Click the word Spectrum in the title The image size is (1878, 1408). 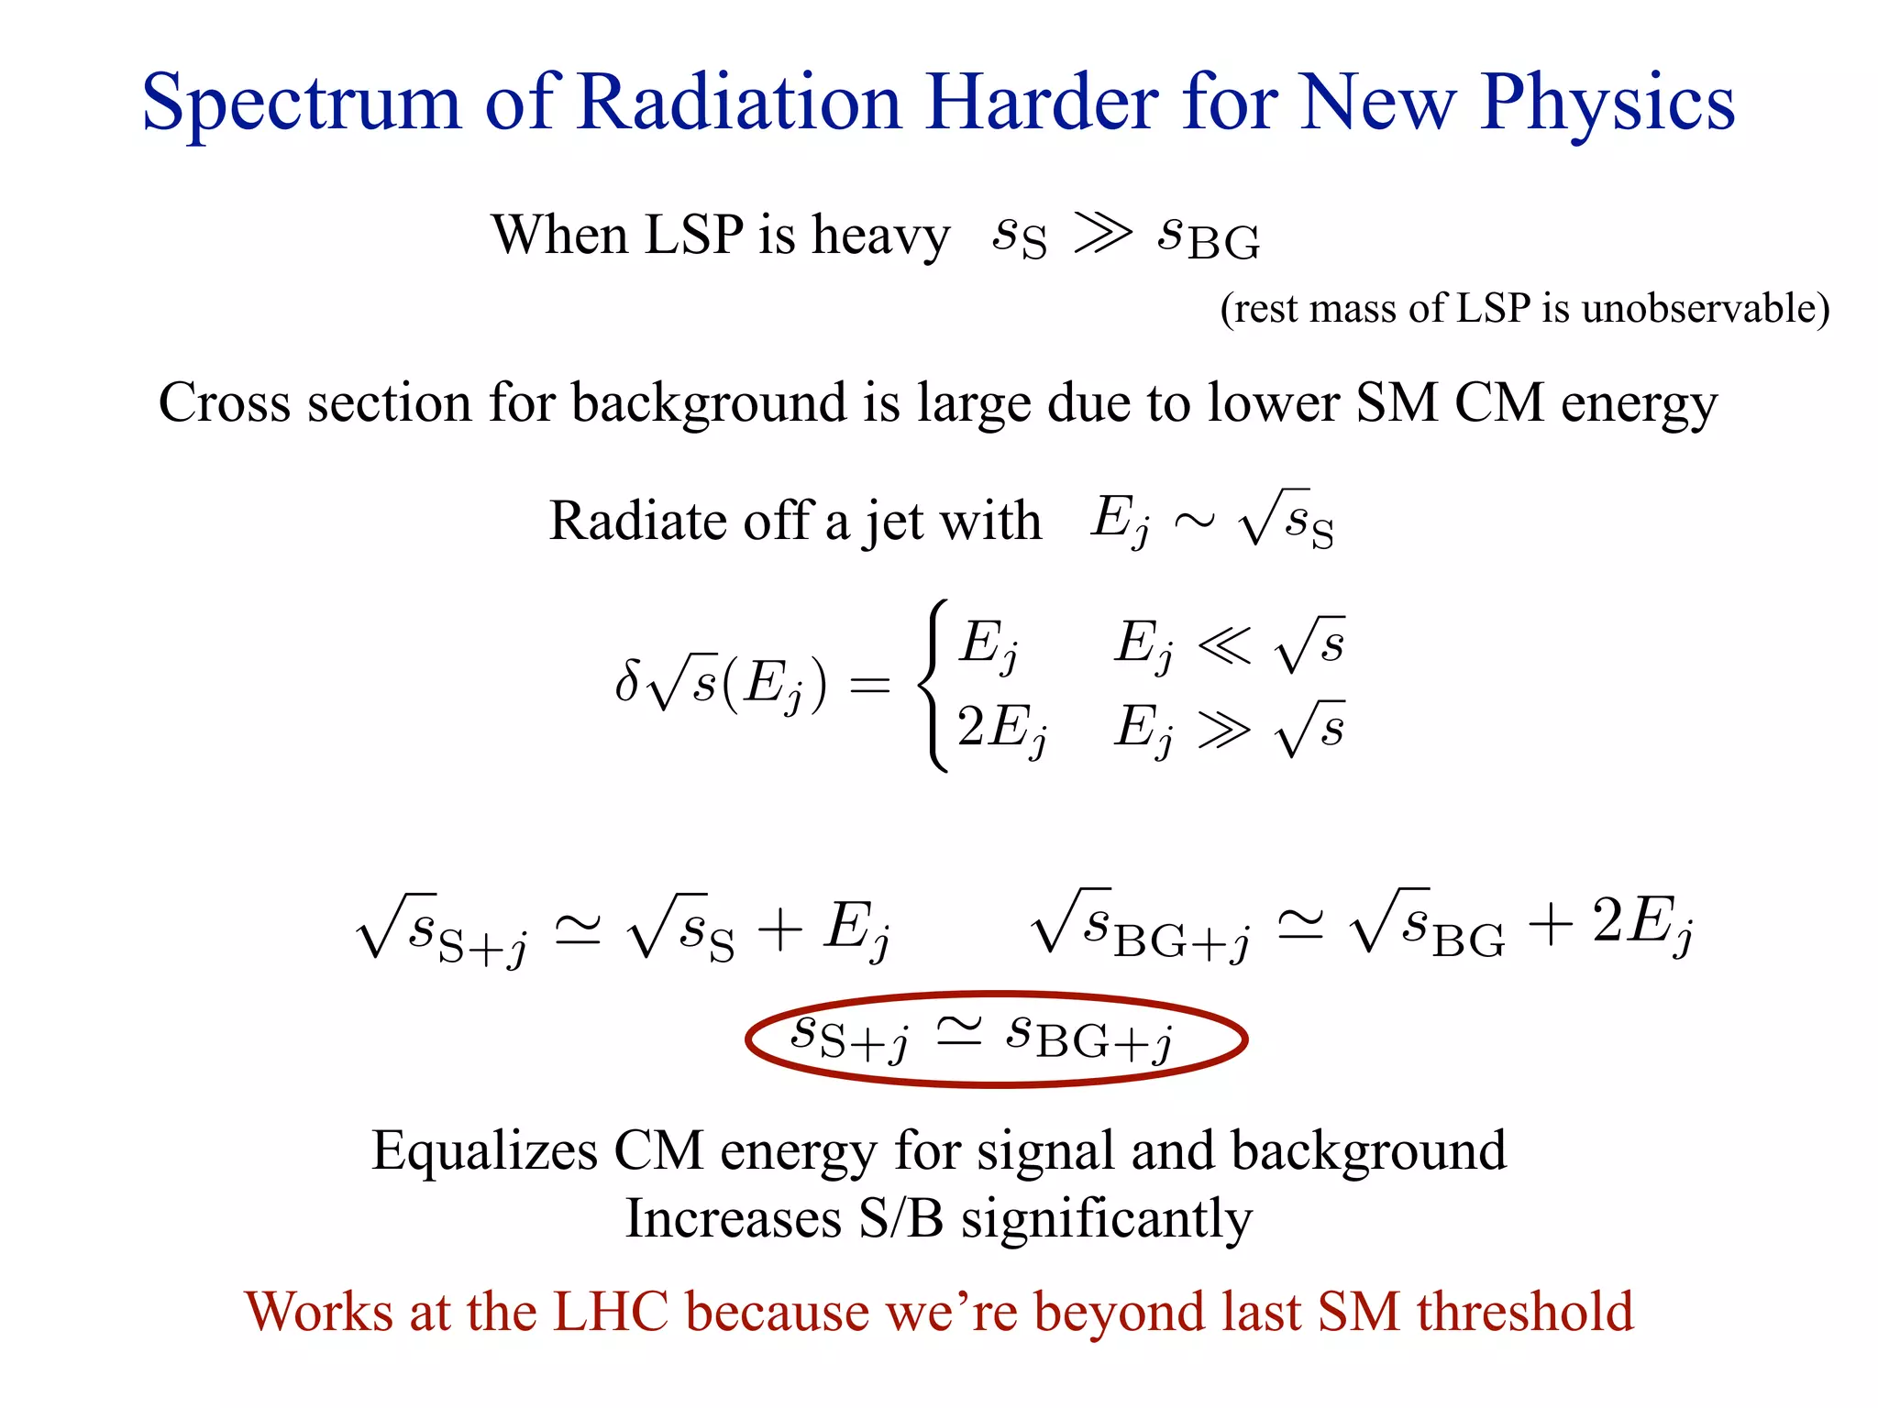[301, 103]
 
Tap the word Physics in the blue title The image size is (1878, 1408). [1607, 103]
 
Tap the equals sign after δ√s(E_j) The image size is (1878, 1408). [869, 685]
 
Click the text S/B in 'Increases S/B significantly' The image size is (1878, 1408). [900, 1219]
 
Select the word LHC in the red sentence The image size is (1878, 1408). [612, 1311]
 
